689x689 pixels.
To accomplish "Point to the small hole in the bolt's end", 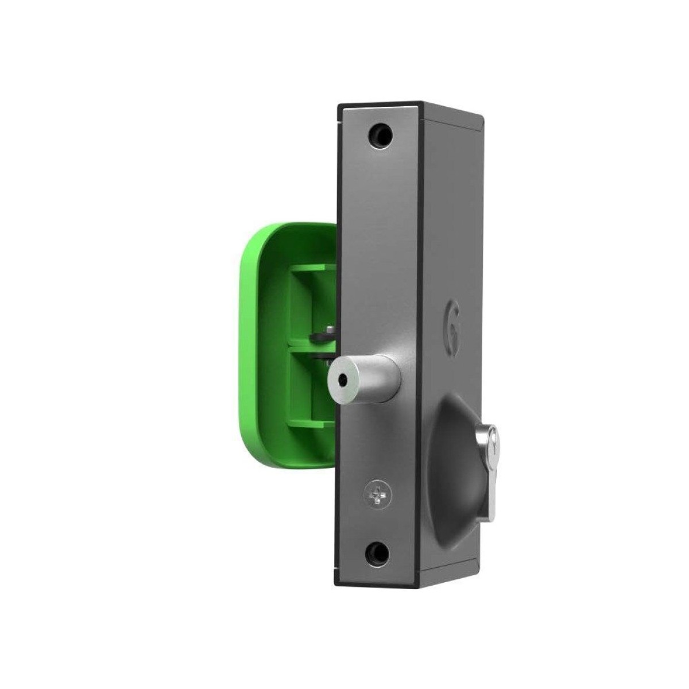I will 342,380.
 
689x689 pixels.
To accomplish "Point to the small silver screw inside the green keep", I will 326,328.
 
